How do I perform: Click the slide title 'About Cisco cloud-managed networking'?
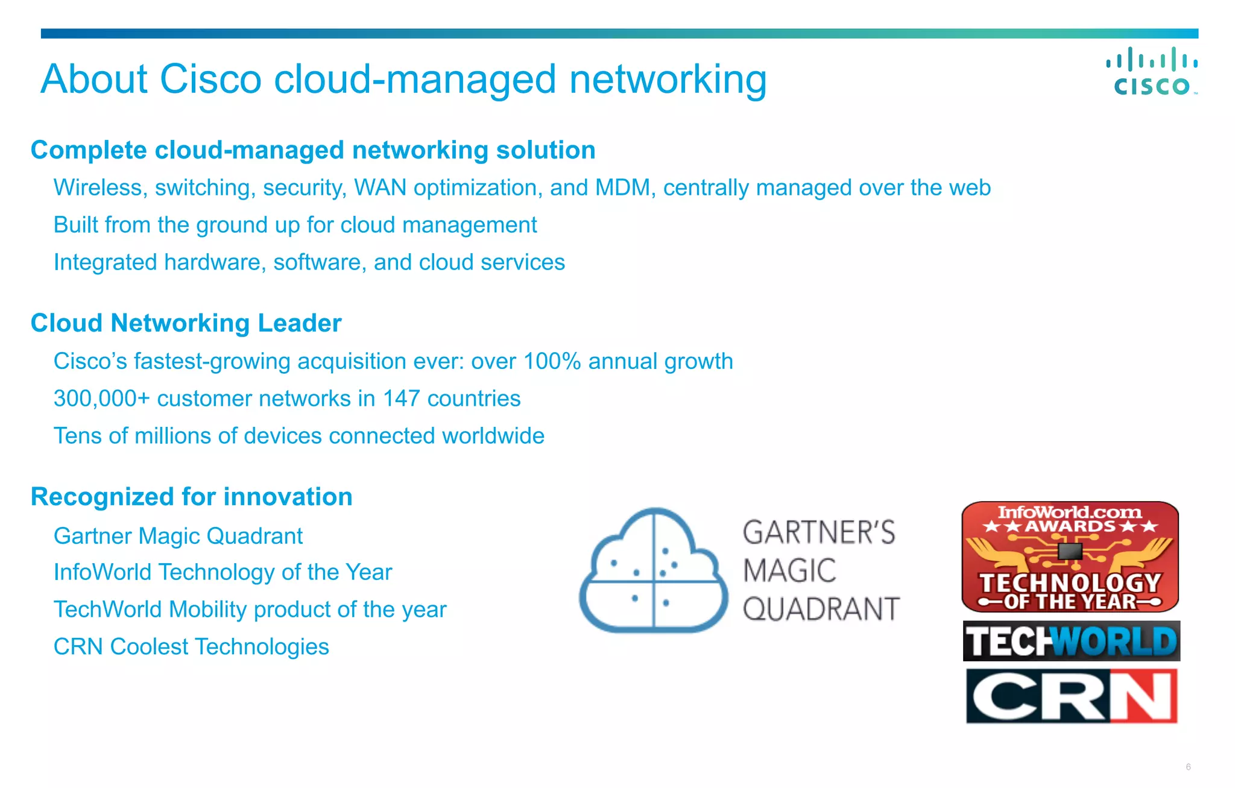[x=403, y=79]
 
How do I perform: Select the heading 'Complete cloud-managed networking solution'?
[x=313, y=150]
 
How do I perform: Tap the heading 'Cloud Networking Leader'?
[x=186, y=323]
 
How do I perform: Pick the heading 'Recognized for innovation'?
[x=191, y=497]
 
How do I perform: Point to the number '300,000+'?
[x=101, y=399]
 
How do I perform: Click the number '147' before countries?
[x=401, y=399]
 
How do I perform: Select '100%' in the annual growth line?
[x=552, y=361]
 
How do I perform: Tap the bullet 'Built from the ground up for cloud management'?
[x=295, y=225]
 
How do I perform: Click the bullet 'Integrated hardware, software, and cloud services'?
[x=309, y=262]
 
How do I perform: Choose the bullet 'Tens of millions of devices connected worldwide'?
[x=298, y=436]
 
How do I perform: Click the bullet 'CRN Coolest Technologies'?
[x=191, y=647]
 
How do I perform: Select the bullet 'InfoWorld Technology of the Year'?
[x=223, y=572]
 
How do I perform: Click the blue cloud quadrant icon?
[x=654, y=570]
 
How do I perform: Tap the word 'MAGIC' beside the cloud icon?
[x=789, y=570]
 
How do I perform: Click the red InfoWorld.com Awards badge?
[x=1070, y=556]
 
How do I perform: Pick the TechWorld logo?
[x=1071, y=641]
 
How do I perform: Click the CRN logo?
[x=1071, y=696]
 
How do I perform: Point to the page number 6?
[x=1188, y=767]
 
